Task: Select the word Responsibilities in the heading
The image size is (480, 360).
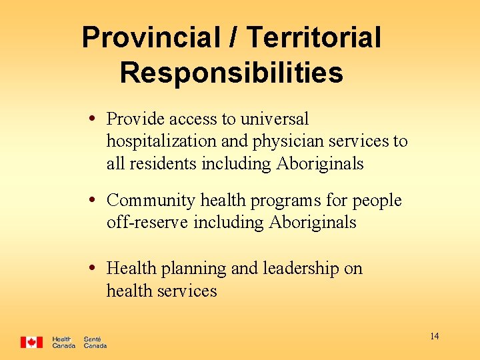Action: (x=231, y=73)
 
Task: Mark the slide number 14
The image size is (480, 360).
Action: (x=434, y=337)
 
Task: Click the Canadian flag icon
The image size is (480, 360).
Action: (x=31, y=342)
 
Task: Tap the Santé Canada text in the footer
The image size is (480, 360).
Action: (x=95, y=342)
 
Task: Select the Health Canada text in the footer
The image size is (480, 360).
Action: (x=63, y=342)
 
